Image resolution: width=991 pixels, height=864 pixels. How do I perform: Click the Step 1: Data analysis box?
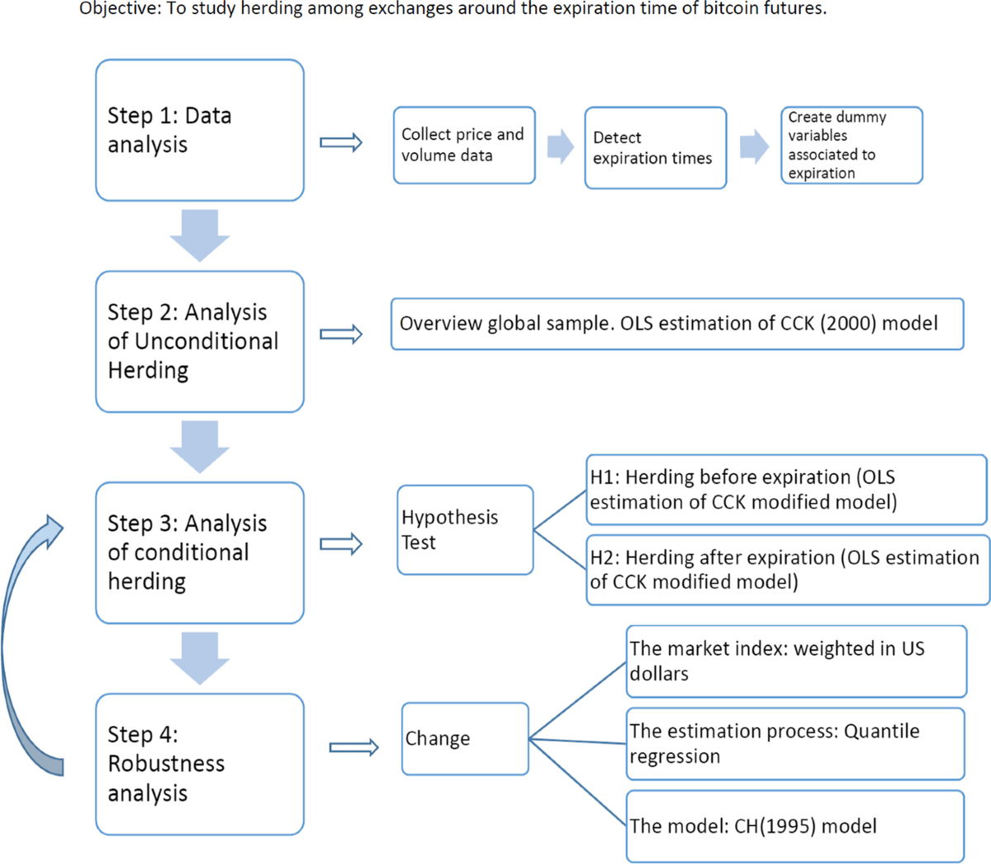200,131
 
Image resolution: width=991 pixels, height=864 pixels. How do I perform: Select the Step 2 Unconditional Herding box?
200,341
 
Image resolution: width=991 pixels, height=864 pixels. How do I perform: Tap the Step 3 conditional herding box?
200,553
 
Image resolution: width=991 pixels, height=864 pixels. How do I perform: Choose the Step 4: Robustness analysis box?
200,764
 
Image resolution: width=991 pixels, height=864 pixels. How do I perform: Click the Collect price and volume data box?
464,145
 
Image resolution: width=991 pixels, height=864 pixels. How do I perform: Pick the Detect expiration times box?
656,148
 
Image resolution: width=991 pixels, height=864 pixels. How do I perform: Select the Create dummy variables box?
851,145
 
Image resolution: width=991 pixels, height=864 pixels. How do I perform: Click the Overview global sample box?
677,324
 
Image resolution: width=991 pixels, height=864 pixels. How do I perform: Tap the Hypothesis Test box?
465,530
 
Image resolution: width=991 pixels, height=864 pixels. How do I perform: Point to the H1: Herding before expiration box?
786,490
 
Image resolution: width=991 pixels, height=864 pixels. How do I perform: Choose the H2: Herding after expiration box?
788,570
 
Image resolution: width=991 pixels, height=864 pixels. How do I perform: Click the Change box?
465,738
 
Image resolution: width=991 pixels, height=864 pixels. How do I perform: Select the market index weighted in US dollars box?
796,661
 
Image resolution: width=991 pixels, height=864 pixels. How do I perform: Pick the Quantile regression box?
795,743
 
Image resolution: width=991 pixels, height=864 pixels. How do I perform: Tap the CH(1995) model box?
795,826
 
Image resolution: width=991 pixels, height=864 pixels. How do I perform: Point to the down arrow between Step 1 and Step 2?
200,235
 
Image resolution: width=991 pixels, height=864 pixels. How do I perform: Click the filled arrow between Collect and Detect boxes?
560,146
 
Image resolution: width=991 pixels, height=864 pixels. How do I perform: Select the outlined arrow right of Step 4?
353,748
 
